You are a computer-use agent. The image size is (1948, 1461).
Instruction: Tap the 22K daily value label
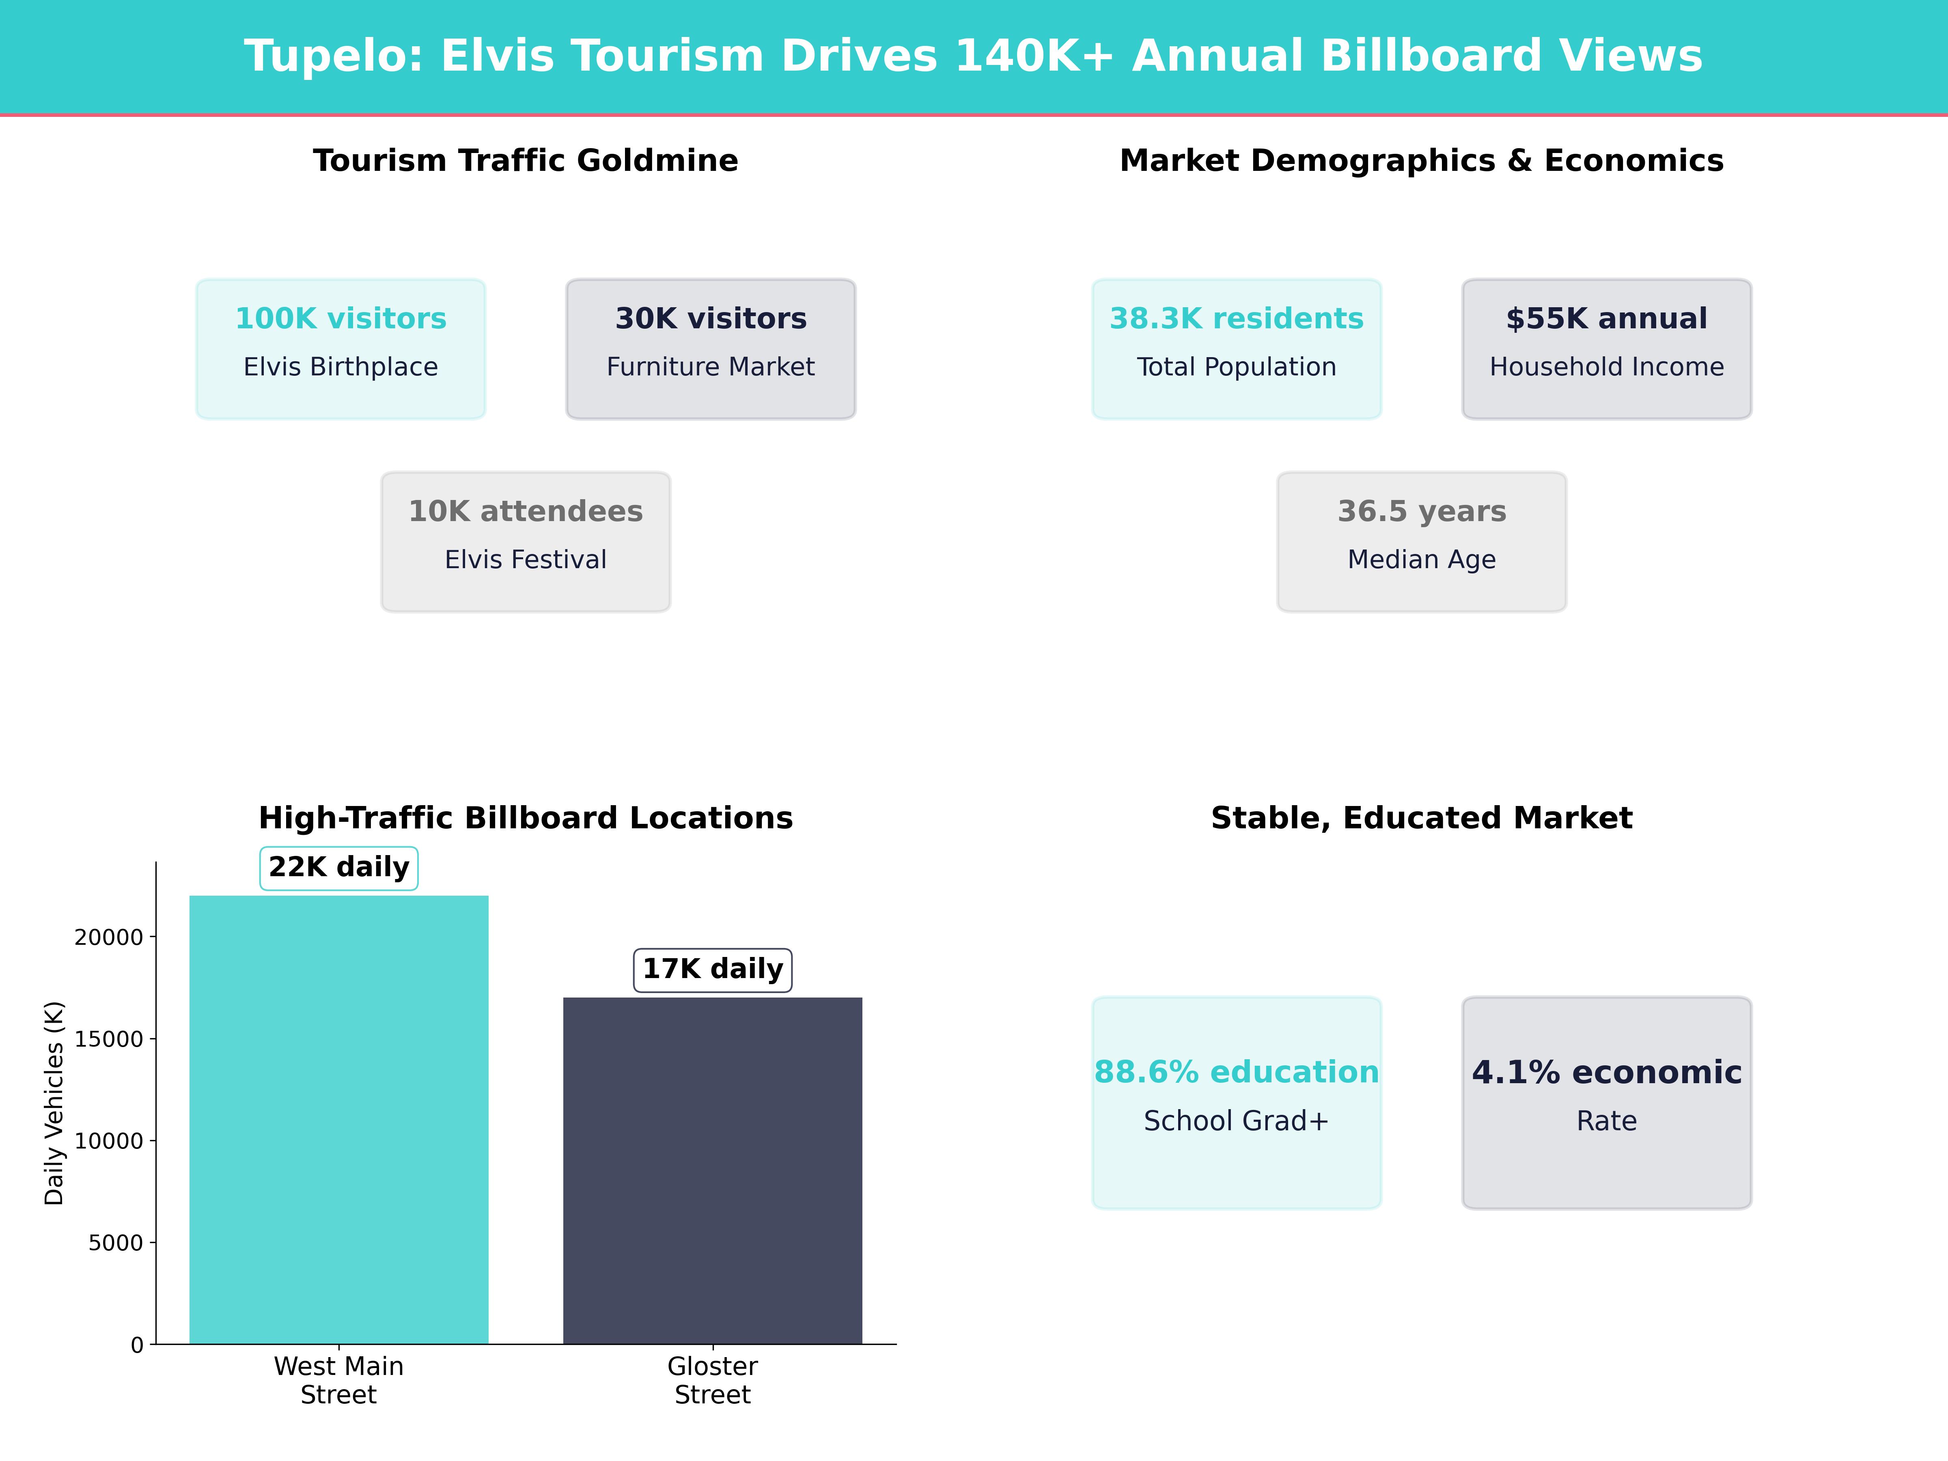(339, 867)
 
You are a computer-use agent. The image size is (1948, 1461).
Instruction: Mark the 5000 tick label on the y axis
(115, 1243)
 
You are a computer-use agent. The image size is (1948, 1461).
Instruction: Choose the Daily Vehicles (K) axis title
(55, 1103)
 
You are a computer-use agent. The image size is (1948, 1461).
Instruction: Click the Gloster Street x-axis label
(713, 1380)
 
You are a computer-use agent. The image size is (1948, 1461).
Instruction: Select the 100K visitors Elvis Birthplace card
(341, 349)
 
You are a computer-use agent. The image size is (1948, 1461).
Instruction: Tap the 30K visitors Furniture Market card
(711, 349)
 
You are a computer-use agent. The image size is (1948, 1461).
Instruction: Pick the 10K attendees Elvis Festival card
(526, 542)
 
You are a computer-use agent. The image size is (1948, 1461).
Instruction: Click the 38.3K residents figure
(1237, 319)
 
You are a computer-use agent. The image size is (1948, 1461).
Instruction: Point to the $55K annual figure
(1606, 319)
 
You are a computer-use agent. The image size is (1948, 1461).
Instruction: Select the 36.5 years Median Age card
(1421, 542)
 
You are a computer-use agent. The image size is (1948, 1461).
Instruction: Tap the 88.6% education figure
(1237, 1073)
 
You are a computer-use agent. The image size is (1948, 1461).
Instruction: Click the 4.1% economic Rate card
(1606, 1103)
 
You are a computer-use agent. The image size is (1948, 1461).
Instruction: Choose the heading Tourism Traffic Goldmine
(526, 161)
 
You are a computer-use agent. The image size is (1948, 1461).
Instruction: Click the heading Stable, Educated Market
(1421, 818)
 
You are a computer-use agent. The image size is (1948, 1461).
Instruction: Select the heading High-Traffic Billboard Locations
(526, 818)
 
